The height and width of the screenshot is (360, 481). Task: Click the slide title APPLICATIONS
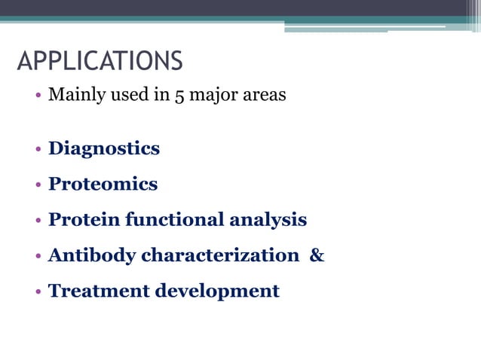[x=100, y=61]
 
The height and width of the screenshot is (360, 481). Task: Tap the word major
[x=206, y=96]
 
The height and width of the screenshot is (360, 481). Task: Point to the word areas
[x=262, y=96]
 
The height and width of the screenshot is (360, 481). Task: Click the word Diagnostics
[x=104, y=148]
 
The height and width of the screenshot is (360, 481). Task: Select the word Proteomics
[x=103, y=184]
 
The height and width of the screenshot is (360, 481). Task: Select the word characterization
[x=220, y=255]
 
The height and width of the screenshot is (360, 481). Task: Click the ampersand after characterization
[x=317, y=255]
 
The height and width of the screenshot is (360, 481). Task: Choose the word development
[x=217, y=291]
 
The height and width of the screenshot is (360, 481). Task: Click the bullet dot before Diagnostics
[x=37, y=149]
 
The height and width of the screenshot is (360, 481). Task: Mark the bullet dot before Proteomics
[x=37, y=185]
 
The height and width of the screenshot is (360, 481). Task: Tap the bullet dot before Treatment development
[x=37, y=291]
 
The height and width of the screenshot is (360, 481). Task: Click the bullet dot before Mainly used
[x=37, y=97]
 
